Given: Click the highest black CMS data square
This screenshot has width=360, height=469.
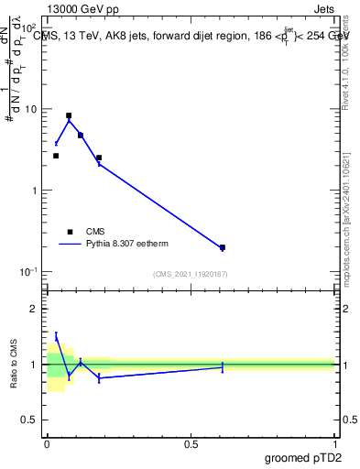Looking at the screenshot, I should (x=69, y=116).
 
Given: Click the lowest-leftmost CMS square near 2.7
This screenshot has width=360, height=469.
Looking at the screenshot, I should (x=56, y=156).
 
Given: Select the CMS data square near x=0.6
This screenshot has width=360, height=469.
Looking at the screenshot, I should (x=223, y=247).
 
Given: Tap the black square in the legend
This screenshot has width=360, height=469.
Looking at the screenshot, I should (x=70, y=232).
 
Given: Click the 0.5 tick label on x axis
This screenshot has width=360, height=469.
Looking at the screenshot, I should (x=191, y=443).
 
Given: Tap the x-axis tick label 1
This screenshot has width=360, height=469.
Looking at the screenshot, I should (x=335, y=443).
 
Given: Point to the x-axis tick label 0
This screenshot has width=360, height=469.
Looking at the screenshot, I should (x=47, y=443).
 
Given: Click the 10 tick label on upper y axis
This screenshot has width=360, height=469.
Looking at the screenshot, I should (x=31, y=109).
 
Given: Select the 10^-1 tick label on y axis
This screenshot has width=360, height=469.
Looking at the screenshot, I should (x=29, y=272).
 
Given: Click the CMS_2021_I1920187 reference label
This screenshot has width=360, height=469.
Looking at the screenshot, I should (x=191, y=274).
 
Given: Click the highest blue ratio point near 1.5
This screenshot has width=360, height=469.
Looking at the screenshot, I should (x=56, y=337).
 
